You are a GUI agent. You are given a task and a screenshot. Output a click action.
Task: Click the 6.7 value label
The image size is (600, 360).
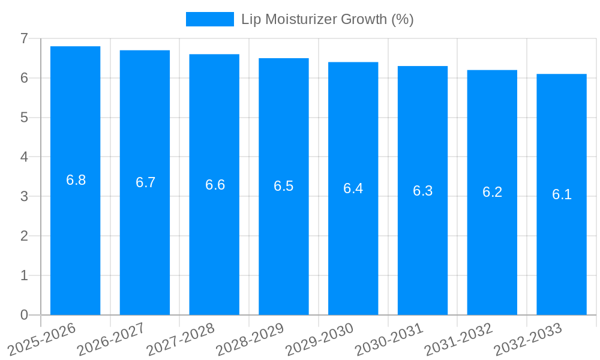point(145,182)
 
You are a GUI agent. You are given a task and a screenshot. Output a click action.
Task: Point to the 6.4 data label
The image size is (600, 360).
point(353,188)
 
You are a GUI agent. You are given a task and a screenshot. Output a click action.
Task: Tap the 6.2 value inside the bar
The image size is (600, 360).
point(492,192)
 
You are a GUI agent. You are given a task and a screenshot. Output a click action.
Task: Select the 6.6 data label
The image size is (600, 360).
point(215,185)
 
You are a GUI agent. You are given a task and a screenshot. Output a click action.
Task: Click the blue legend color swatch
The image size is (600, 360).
point(209,19)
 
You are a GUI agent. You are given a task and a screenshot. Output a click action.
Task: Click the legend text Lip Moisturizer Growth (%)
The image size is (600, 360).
point(328,19)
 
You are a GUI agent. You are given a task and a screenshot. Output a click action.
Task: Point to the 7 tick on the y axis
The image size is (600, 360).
point(24,39)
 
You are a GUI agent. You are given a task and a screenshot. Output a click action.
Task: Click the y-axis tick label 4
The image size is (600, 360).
point(24,157)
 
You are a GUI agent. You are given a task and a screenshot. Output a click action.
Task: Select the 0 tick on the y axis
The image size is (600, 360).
point(24,315)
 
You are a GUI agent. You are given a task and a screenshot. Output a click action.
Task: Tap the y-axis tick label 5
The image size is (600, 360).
point(24,118)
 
